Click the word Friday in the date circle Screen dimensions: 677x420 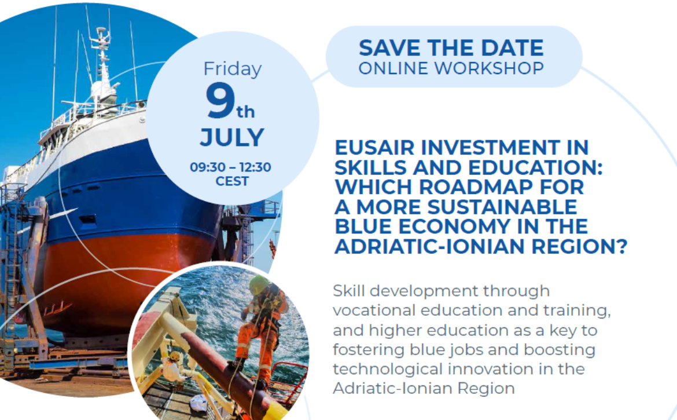[x=232, y=69]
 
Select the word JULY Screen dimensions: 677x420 [x=232, y=137]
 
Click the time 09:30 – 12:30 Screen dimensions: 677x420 [x=230, y=167]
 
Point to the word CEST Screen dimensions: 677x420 [x=232, y=181]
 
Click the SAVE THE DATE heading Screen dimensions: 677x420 [x=451, y=48]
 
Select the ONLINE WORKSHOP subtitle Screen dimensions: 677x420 [x=451, y=68]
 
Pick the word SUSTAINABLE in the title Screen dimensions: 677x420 [x=502, y=207]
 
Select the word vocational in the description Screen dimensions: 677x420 [x=374, y=311]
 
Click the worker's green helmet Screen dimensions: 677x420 [x=259, y=284]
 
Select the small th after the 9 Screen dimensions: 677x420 [x=246, y=112]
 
